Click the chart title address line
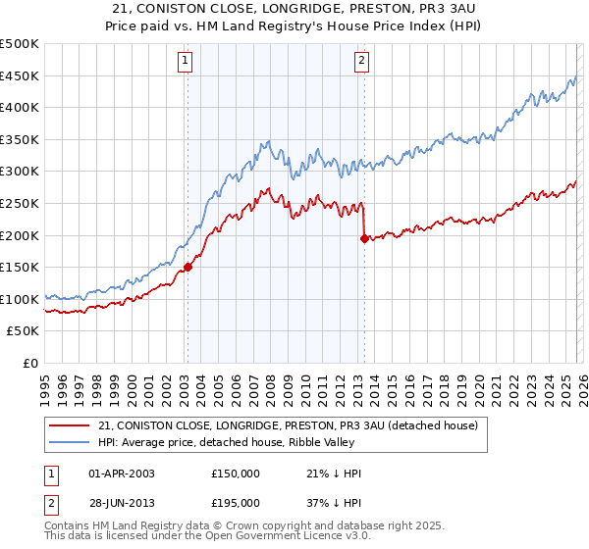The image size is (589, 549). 294,7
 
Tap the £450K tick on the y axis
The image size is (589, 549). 20,75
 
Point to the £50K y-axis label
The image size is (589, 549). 23,330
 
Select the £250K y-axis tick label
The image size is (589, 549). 20,203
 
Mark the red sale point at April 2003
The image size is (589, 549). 187,267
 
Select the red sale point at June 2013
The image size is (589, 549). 364,238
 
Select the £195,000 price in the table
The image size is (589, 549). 235,502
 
